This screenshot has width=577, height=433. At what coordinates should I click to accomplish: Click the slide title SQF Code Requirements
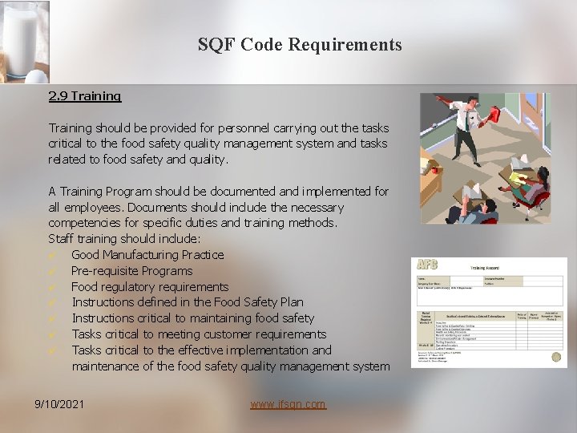click(300, 45)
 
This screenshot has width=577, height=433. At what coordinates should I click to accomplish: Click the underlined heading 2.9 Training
click(84, 96)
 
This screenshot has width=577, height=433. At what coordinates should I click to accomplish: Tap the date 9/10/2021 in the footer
click(59, 404)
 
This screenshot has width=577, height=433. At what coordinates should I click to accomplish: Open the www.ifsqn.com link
click(288, 404)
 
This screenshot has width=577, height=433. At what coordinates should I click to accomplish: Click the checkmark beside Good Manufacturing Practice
click(53, 255)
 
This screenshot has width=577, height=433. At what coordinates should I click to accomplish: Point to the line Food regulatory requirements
click(150, 286)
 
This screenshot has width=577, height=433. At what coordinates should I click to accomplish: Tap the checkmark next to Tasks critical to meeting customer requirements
click(53, 334)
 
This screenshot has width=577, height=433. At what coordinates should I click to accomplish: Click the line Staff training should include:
click(124, 239)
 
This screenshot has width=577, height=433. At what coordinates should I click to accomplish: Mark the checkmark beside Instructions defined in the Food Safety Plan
click(53, 302)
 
